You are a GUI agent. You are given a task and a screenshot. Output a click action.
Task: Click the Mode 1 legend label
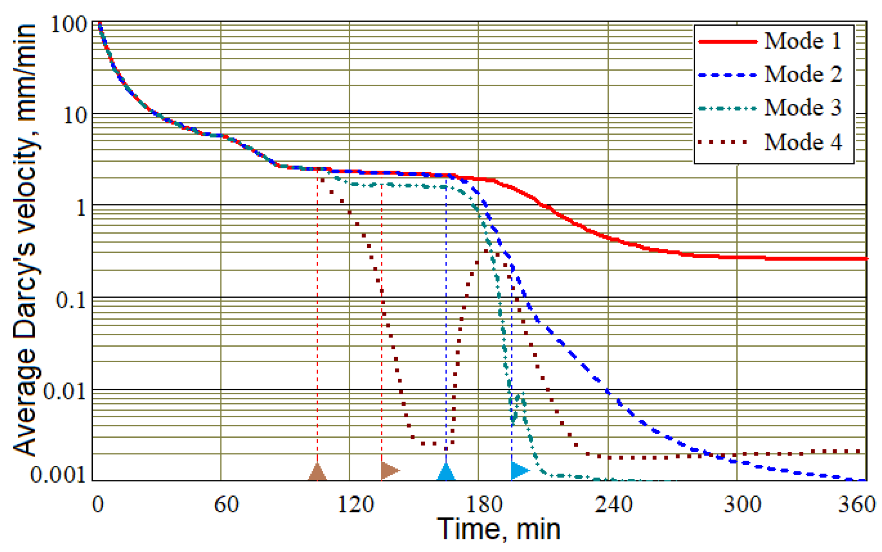803,41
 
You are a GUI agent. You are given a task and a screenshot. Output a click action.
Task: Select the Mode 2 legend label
803,75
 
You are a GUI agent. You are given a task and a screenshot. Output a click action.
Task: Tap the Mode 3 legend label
803,108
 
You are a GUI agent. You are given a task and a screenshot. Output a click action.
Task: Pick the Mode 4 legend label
803,142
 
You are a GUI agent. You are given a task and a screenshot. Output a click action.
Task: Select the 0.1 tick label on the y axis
71,299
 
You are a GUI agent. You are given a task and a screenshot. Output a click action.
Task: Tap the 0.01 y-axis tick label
64,391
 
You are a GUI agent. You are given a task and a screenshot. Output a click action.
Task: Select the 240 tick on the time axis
613,505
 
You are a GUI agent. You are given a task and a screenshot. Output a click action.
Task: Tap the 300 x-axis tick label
742,505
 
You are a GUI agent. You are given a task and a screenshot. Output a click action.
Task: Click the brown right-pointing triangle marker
389,471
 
